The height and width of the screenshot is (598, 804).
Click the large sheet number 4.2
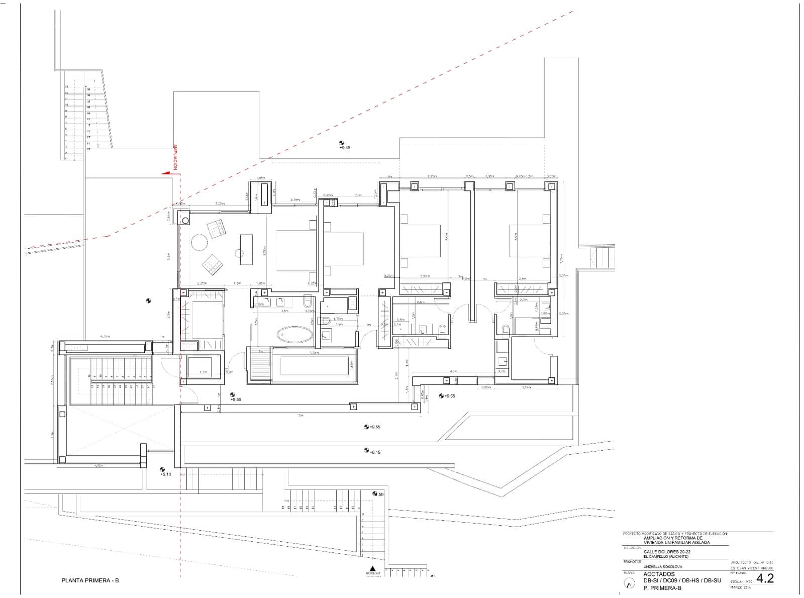(x=765, y=578)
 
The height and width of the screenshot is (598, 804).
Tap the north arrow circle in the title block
(x=629, y=583)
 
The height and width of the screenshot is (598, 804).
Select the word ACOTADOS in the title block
(x=659, y=574)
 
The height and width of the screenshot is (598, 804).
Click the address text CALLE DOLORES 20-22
(x=667, y=552)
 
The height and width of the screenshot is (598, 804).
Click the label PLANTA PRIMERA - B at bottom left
(x=90, y=580)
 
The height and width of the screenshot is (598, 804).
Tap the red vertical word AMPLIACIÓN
(x=175, y=157)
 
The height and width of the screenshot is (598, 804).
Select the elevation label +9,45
(x=345, y=148)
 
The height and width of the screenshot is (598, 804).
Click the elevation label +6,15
(x=375, y=452)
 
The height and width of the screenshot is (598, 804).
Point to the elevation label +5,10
(x=165, y=474)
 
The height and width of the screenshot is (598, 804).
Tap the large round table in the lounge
(x=199, y=243)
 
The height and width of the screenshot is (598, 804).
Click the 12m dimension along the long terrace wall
(x=300, y=416)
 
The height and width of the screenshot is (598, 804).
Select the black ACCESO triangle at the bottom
(x=372, y=568)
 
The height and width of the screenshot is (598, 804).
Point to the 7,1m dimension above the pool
(x=314, y=353)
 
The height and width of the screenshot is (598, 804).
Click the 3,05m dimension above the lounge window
(x=220, y=204)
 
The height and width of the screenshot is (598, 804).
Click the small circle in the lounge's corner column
(x=186, y=220)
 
